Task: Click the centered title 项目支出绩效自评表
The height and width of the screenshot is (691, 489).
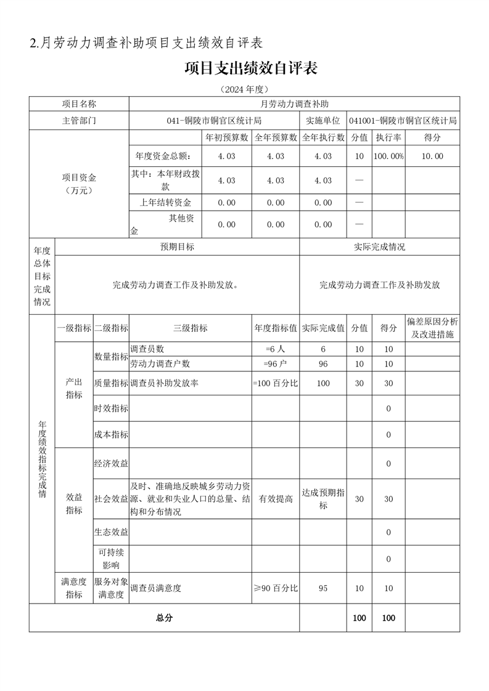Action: [x=251, y=68]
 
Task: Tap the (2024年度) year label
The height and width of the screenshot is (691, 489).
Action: [x=244, y=89]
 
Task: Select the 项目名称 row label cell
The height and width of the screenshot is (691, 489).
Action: [x=79, y=104]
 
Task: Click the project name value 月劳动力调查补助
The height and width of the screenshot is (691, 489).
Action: [x=295, y=104]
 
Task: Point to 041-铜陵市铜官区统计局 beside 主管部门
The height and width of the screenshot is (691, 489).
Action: [x=214, y=121]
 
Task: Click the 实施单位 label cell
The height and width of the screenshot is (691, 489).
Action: [x=323, y=121]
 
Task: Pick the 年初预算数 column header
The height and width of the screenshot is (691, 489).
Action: [x=227, y=137]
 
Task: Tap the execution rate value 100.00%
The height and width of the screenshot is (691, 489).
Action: [x=388, y=156]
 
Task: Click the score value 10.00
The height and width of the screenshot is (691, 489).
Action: [x=432, y=156]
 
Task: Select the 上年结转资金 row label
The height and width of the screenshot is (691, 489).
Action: [x=166, y=203]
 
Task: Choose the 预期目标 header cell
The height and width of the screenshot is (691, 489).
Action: [x=177, y=246]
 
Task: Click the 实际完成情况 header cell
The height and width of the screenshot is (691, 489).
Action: [x=379, y=246]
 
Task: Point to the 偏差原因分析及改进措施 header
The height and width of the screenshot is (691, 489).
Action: [x=432, y=328]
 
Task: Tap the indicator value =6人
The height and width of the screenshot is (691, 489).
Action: [x=275, y=349]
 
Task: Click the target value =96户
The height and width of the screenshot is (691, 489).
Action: [x=275, y=364]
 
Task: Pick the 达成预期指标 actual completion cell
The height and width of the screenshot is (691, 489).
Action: [x=323, y=499]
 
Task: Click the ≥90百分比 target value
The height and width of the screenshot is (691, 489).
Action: [x=275, y=588]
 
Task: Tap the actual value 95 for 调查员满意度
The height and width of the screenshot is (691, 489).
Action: [x=323, y=588]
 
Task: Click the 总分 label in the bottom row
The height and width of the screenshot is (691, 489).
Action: [x=164, y=618]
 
